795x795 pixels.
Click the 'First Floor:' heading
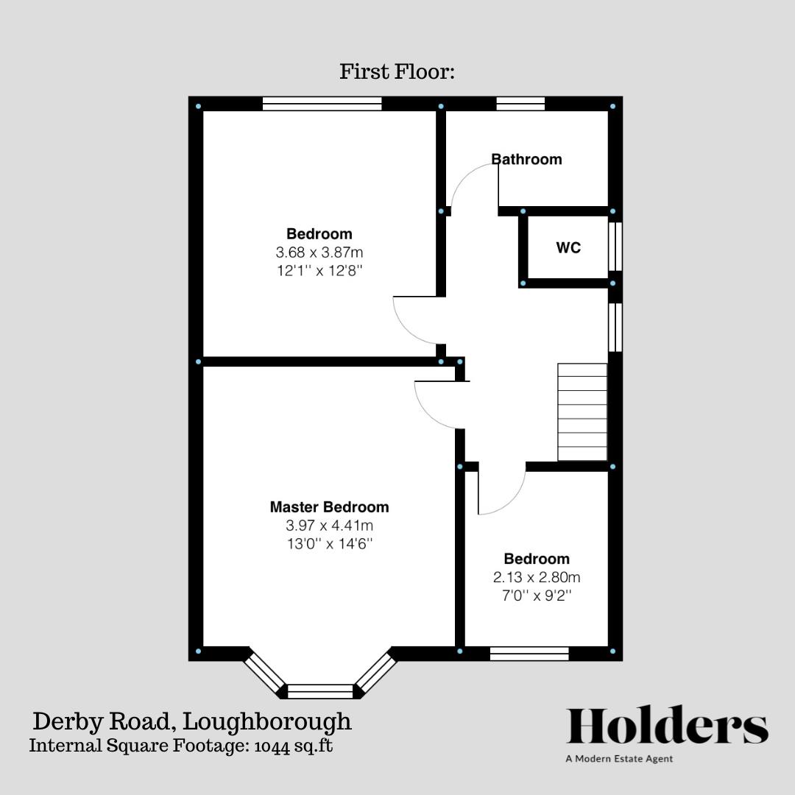coord(397,71)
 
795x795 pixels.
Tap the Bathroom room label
coord(526,159)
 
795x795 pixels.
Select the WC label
coord(568,248)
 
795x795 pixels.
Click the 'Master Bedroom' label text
coord(329,507)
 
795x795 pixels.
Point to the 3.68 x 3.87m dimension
coord(319,252)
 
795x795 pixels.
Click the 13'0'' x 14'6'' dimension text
coord(329,544)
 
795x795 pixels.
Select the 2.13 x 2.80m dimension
coord(536,578)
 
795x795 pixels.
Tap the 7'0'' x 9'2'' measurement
coord(536,596)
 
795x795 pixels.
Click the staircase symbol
coord(582,412)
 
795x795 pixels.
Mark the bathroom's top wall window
coord(520,104)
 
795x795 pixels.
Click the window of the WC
coord(615,247)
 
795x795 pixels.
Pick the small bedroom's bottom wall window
coord(529,653)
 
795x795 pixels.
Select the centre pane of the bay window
coord(319,691)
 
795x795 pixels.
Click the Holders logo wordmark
coord(667,727)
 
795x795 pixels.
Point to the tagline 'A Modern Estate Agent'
coord(619,758)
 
